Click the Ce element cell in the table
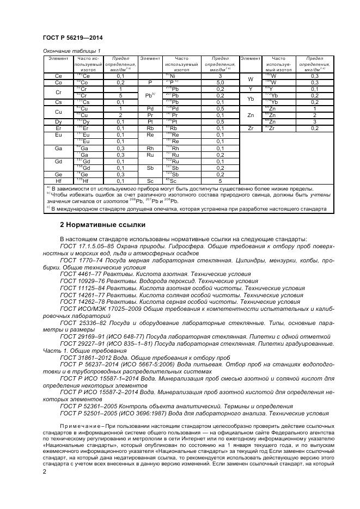58,76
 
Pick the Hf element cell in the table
58,180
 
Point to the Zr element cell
251,128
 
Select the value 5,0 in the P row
220,82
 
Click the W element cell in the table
251,79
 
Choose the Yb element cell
251,99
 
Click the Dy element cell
58,121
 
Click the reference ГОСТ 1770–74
80,261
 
